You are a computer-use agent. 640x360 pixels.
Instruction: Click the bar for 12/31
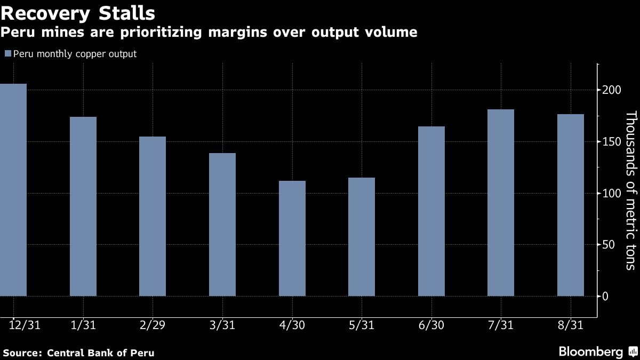[x=13, y=190]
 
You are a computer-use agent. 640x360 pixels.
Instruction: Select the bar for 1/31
[x=83, y=206]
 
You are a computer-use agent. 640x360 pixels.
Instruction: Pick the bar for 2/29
[x=153, y=216]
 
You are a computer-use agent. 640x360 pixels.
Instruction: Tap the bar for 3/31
[x=222, y=225]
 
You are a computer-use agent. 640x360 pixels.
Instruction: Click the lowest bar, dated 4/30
[x=292, y=238]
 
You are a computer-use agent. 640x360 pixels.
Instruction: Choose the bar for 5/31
[x=362, y=237]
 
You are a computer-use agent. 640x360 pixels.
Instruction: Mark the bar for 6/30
[x=431, y=211]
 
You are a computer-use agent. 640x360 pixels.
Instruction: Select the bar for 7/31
[x=501, y=203]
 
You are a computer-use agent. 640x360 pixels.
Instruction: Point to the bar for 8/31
[x=571, y=205]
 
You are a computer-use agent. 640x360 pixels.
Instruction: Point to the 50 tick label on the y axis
[x=609, y=245]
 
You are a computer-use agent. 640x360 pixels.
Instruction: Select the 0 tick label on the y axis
[x=605, y=297]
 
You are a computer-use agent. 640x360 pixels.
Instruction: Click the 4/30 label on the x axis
[x=292, y=325]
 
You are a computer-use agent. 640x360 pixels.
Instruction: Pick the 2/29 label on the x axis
[x=153, y=325]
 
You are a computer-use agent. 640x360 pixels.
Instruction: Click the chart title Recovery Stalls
[x=78, y=12]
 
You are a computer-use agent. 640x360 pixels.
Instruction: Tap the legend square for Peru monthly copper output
[x=7, y=54]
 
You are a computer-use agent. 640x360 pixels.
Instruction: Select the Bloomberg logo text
[x=590, y=351]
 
